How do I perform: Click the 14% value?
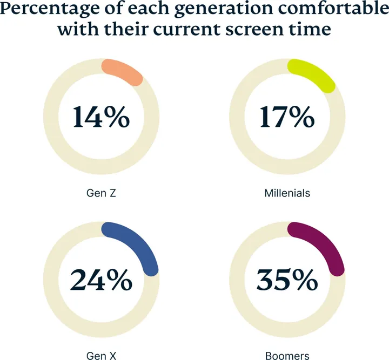(101, 117)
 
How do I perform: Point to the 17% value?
(287, 117)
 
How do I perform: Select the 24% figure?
(101, 280)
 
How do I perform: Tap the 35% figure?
(287, 280)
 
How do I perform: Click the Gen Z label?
(101, 192)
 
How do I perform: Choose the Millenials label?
(287, 192)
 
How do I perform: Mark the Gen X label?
(101, 356)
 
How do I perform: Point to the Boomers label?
(287, 356)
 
